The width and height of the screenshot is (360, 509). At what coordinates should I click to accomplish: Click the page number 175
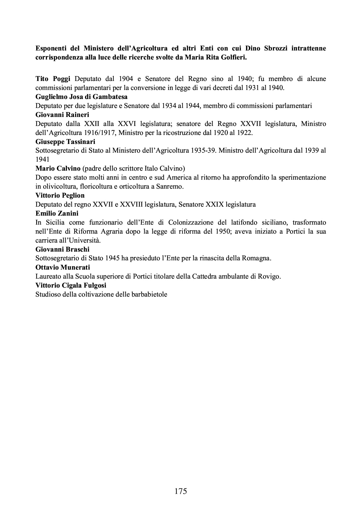tap(181, 491)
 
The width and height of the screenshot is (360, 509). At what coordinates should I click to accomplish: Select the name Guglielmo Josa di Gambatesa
tap(81, 97)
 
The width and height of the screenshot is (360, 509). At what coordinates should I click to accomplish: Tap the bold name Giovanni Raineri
tap(62, 115)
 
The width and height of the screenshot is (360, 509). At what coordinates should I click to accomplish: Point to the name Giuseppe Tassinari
tap(65, 142)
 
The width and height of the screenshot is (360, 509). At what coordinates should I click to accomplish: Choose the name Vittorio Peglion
tap(60, 195)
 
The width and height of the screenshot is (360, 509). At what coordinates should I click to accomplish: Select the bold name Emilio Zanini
tap(57, 213)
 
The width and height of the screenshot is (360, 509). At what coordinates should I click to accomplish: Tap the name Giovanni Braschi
tap(62, 249)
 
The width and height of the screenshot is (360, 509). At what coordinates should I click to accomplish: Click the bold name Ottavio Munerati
tap(63, 267)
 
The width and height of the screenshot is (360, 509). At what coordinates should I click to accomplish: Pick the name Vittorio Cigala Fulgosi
tap(71, 285)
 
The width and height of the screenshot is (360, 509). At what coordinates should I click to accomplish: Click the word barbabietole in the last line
tap(150, 294)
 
